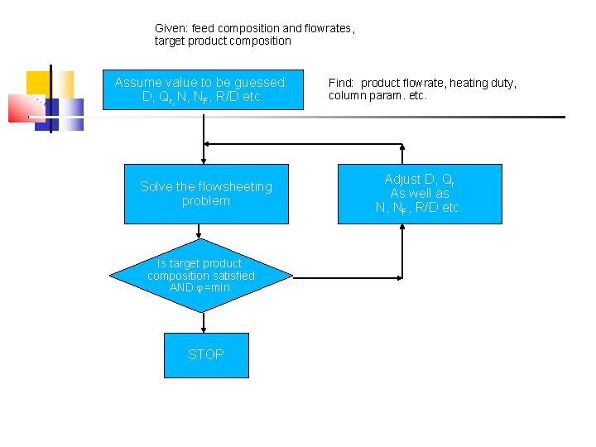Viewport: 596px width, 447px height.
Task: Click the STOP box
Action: [205, 354]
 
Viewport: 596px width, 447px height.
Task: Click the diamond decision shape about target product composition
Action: [201, 276]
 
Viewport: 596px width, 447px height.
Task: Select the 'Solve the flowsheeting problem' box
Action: [205, 194]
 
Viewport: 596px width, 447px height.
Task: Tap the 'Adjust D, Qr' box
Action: [419, 194]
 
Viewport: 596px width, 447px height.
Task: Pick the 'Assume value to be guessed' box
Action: [202, 89]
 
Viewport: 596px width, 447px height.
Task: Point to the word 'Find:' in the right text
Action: [342, 83]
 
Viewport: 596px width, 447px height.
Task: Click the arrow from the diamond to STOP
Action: [204, 323]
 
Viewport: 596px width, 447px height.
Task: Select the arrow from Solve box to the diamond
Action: [204, 232]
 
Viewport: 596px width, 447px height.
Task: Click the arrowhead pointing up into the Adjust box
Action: [402, 228]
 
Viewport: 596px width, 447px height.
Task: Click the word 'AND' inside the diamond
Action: [180, 287]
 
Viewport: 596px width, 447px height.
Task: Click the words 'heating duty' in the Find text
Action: [487, 83]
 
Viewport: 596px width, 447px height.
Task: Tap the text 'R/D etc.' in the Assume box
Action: [240, 97]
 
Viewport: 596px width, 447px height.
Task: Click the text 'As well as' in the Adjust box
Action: [420, 193]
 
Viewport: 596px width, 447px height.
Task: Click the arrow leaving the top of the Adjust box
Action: [402, 153]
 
